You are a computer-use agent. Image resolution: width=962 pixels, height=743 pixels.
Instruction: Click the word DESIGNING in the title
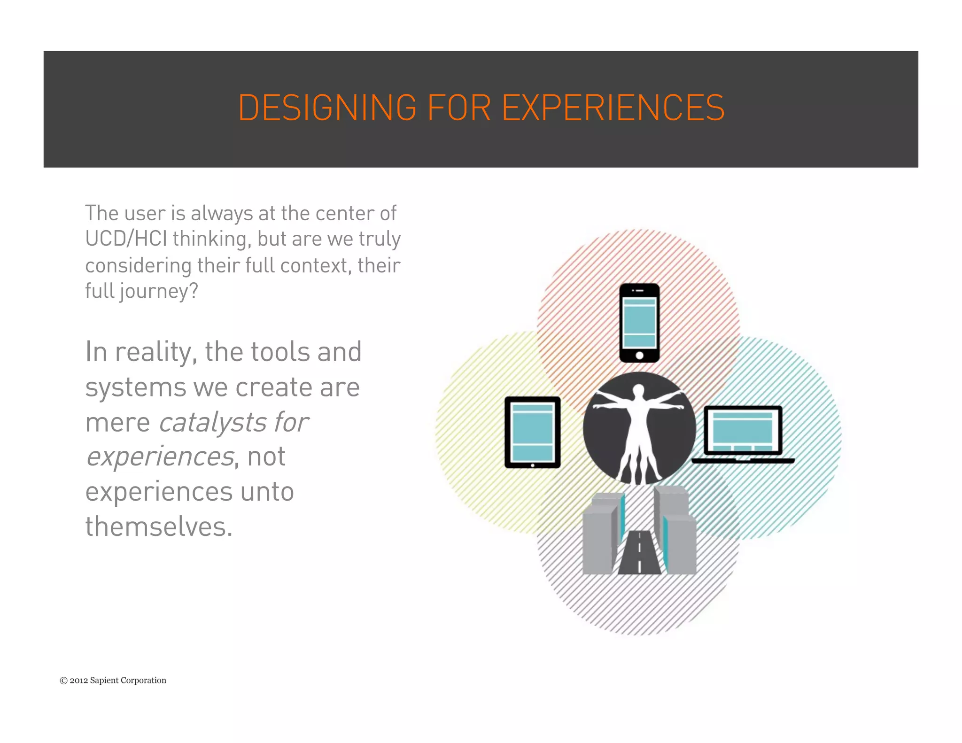[327, 108]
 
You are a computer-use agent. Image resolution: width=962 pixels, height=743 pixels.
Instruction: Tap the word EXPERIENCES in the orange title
[613, 108]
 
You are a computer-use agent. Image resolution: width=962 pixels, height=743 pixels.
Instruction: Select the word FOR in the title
[459, 108]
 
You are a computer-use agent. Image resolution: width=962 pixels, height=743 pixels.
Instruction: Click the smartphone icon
[639, 323]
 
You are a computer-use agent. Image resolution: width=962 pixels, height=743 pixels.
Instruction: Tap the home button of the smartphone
[639, 356]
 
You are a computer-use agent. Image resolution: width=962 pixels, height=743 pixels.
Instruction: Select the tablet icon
[532, 432]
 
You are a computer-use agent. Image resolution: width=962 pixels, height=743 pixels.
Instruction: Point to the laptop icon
[743, 434]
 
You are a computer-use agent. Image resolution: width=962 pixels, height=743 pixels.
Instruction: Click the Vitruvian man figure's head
[639, 390]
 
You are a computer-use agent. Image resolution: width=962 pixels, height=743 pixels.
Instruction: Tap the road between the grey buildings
[639, 554]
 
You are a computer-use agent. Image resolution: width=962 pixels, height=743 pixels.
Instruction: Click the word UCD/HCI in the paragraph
[126, 239]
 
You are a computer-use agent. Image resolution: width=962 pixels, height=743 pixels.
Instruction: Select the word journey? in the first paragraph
[159, 292]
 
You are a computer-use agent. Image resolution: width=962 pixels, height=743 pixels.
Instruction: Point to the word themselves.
[159, 527]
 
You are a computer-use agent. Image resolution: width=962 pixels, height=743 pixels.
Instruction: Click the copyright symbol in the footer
[63, 681]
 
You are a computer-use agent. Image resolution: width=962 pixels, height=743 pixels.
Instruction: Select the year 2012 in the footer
[79, 681]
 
